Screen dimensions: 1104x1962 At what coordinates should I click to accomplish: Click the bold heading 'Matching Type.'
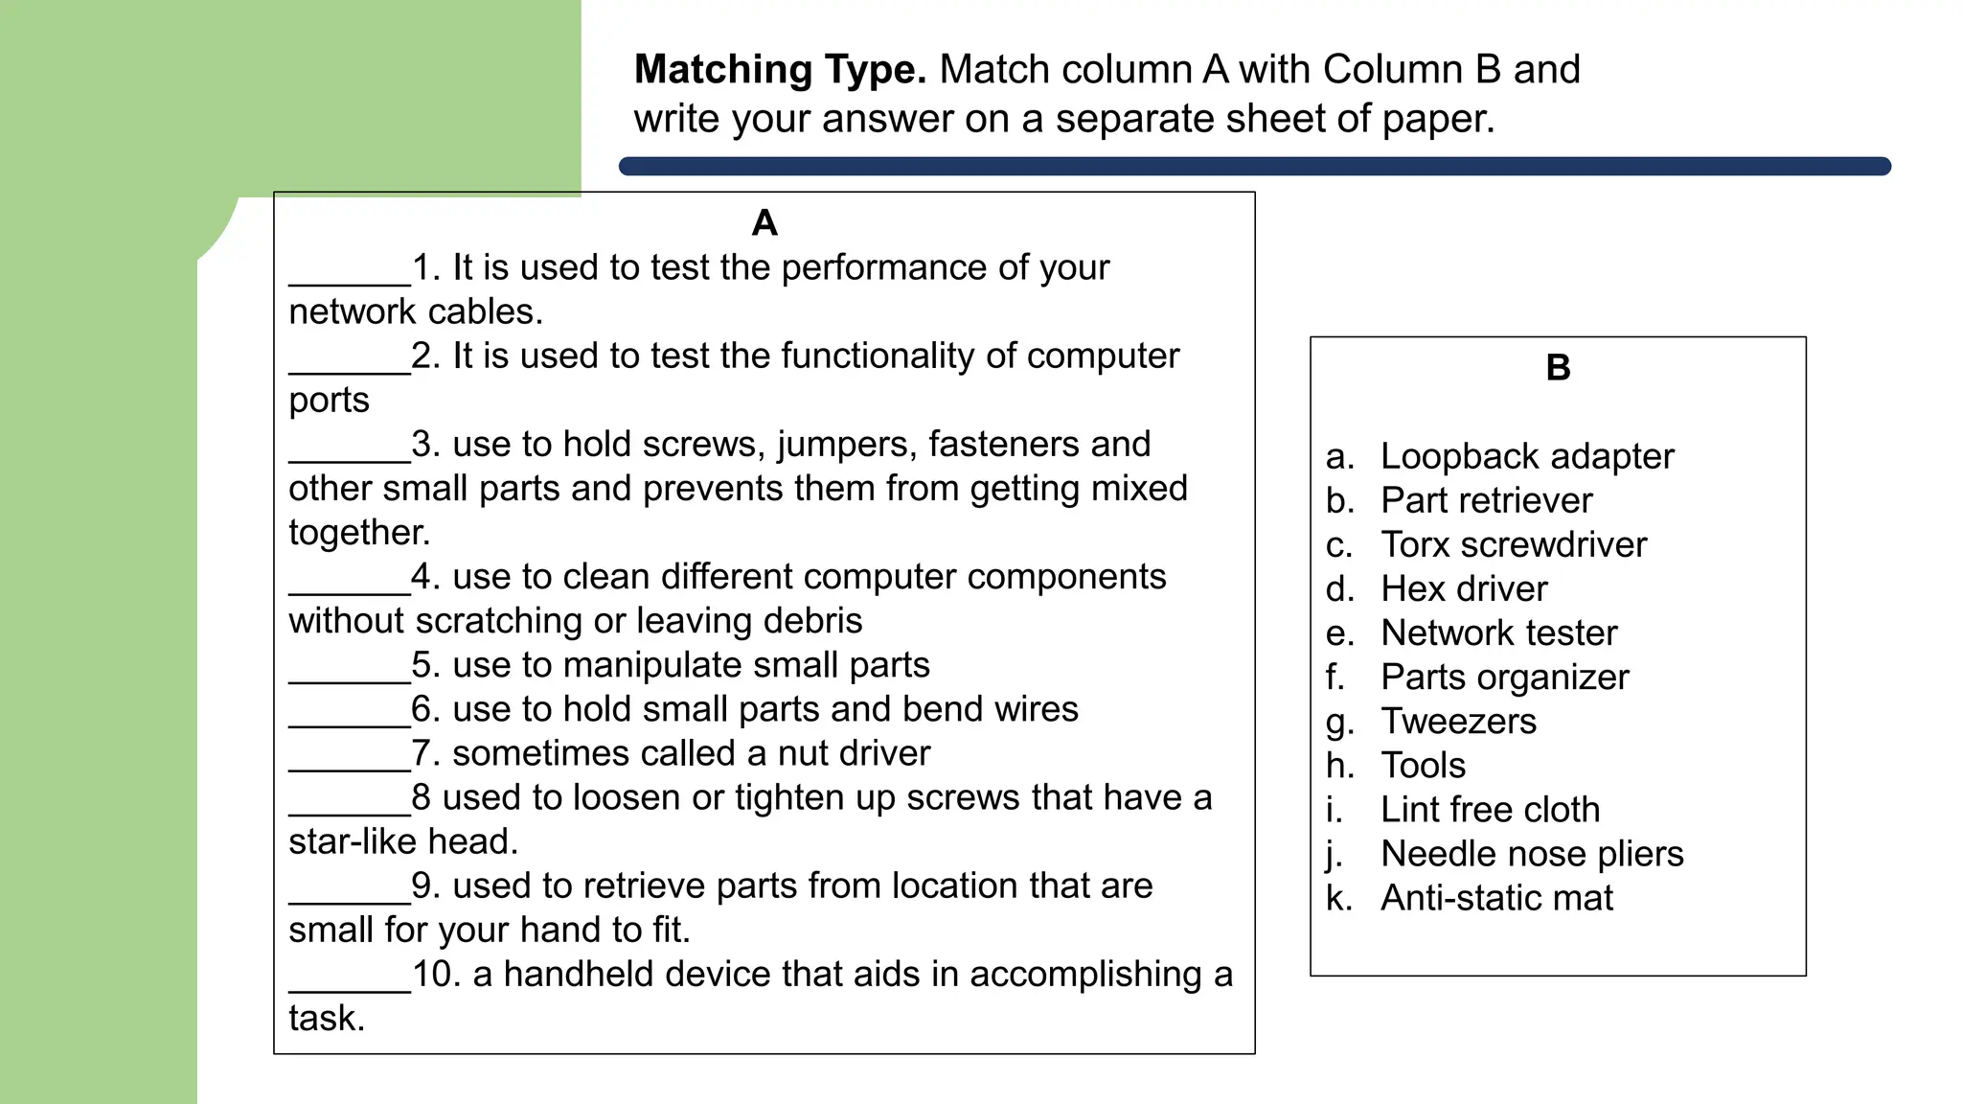tap(780, 70)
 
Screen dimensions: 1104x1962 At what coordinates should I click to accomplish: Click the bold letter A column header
tap(764, 223)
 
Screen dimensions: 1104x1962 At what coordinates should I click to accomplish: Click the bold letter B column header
tap(1558, 368)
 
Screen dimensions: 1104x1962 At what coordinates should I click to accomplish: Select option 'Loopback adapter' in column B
tap(1526, 456)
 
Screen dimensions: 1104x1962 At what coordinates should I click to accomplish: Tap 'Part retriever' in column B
tap(1486, 500)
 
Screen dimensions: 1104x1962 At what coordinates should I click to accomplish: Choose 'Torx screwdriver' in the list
tap(1513, 544)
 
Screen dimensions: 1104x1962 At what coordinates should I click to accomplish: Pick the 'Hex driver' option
tap(1463, 588)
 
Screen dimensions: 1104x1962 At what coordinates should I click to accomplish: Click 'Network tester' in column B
tap(1498, 632)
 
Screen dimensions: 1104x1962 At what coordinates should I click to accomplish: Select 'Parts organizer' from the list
tap(1504, 678)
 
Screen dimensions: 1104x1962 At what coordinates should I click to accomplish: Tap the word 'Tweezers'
tap(1458, 721)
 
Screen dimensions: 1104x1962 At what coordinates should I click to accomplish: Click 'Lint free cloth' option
tap(1490, 810)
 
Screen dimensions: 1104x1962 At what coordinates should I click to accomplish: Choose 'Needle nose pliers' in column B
tap(1531, 854)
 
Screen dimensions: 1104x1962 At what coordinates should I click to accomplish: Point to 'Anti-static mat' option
tap(1496, 898)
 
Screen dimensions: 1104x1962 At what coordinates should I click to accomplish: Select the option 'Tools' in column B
tap(1423, 766)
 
